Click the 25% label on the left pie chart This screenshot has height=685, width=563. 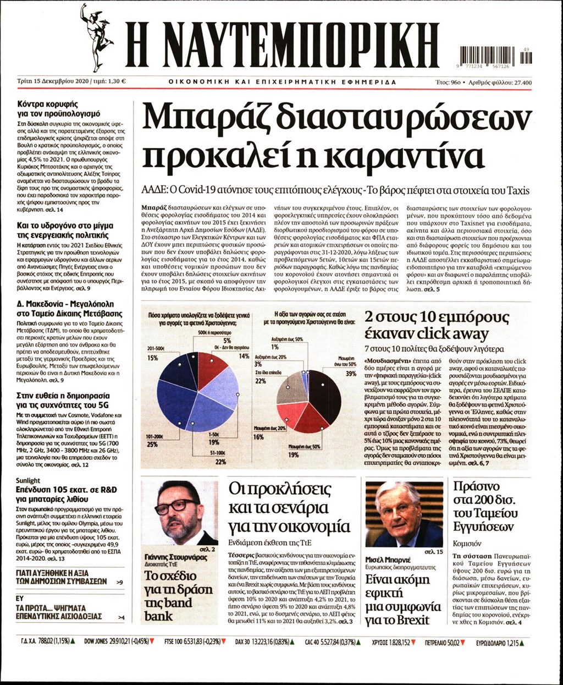pyautogui.click(x=152, y=444)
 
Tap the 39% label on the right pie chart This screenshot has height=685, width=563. pyautogui.click(x=350, y=374)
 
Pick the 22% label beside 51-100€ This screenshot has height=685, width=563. pyautogui.click(x=220, y=462)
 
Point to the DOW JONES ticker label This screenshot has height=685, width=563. pyautogui.click(x=98, y=642)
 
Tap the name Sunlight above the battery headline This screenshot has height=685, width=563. pyautogui.click(x=28, y=480)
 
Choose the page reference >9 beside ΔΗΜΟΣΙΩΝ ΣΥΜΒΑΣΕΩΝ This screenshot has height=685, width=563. pyautogui.click(x=120, y=582)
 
